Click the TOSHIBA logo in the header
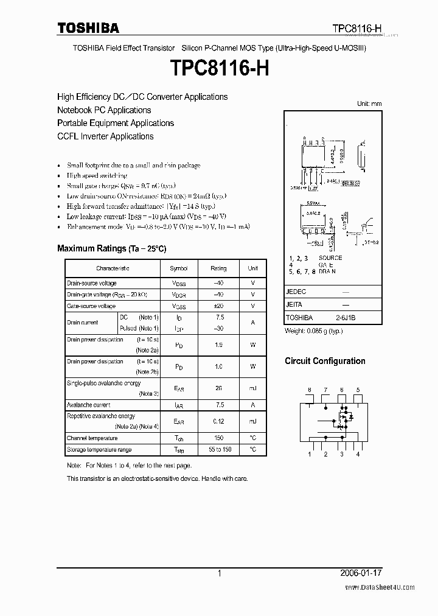88,28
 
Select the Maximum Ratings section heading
111,248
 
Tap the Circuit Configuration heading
325,361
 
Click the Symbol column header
179,268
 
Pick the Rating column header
218,268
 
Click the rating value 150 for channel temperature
218,438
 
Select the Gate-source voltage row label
91,306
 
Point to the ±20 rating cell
218,306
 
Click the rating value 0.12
218,421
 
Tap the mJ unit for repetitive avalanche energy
252,421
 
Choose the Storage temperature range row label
99,450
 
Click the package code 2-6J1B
345,318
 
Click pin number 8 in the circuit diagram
309,390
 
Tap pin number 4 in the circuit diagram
358,454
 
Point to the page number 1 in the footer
219,573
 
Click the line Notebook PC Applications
104,110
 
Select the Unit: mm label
369,104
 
